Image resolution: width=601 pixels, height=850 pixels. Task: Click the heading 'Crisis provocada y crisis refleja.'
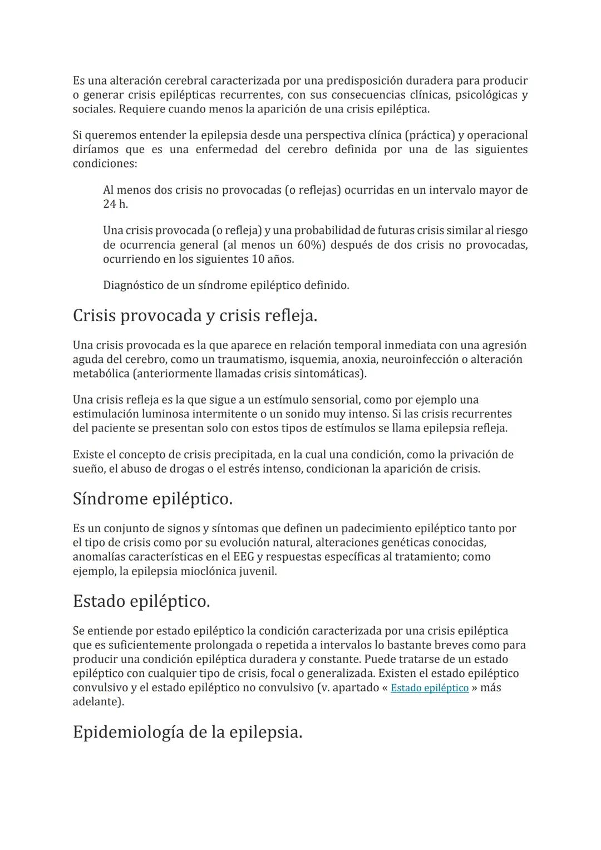(x=195, y=316)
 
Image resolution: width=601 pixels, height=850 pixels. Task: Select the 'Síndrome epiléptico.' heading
(x=152, y=499)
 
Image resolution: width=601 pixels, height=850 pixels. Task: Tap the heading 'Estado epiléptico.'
(x=141, y=601)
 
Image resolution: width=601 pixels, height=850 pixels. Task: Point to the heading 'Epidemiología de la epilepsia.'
(x=188, y=732)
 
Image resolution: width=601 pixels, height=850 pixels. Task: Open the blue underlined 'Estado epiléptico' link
(x=430, y=688)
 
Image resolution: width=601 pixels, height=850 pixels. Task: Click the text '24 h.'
(x=116, y=204)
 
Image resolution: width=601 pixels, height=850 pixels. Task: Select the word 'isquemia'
(x=313, y=360)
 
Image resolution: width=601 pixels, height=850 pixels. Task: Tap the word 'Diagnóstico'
(x=136, y=286)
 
